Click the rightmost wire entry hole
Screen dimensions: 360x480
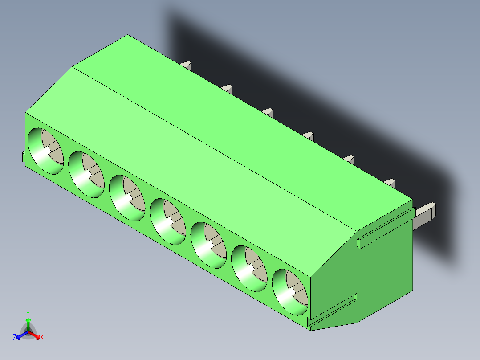point(290,292)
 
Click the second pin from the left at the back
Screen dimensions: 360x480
point(227,89)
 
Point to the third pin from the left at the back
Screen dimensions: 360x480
point(268,112)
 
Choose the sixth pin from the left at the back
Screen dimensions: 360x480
point(389,183)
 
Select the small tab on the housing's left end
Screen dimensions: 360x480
point(23,157)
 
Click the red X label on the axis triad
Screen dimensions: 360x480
point(42,338)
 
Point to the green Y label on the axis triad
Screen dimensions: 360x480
point(28,313)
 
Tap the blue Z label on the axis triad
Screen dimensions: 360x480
point(15,337)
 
